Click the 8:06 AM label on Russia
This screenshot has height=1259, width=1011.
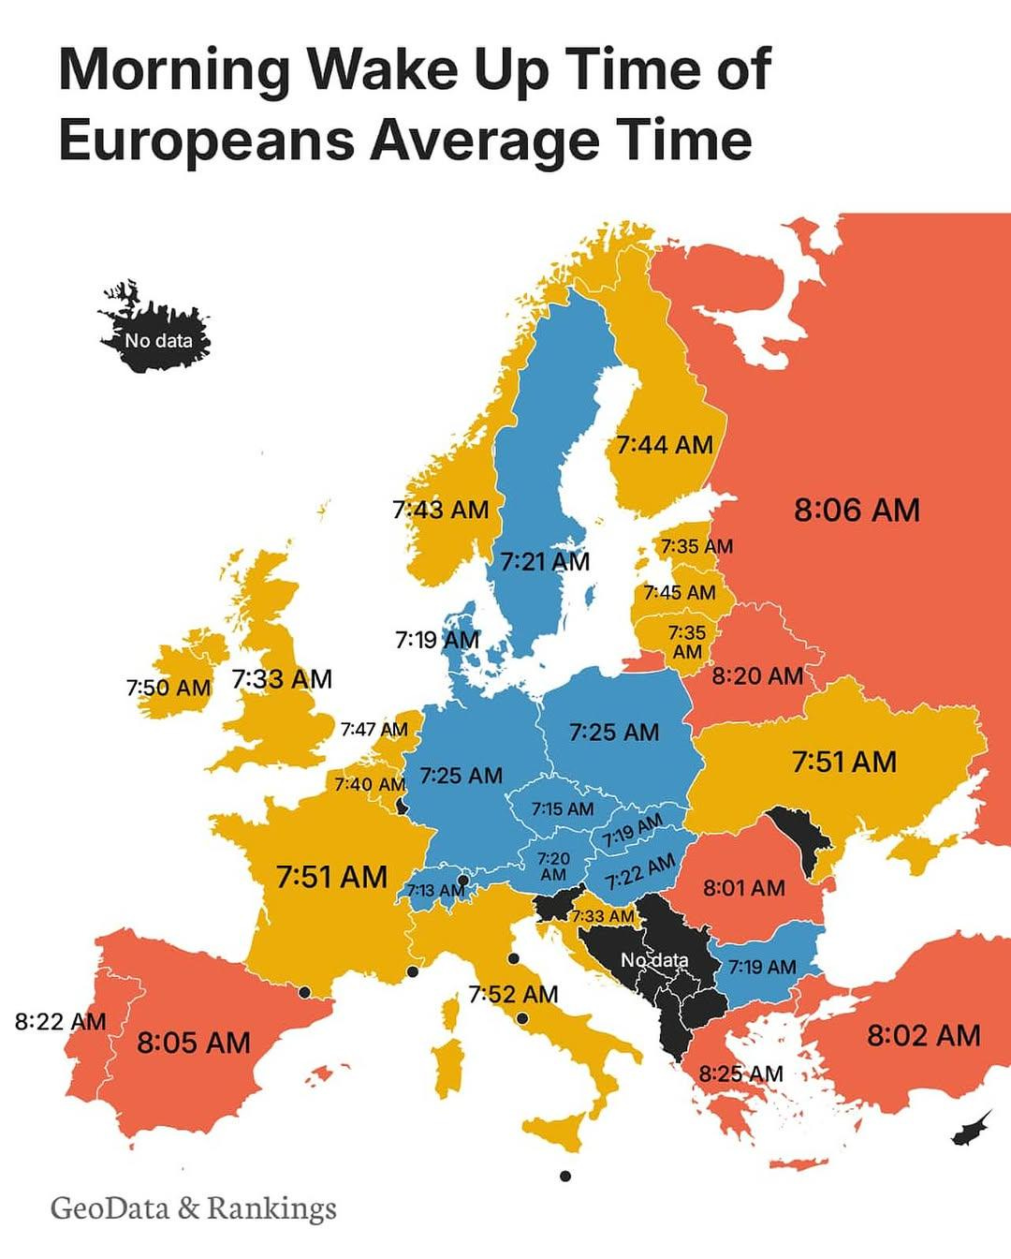tap(857, 510)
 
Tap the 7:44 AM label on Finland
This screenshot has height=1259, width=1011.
tap(665, 444)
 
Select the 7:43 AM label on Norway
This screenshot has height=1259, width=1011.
tap(440, 510)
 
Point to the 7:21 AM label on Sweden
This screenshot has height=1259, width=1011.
tap(544, 561)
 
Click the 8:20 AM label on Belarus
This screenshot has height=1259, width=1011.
tap(757, 675)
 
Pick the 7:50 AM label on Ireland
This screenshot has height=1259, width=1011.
tap(168, 688)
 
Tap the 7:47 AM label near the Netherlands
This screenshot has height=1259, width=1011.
tap(374, 729)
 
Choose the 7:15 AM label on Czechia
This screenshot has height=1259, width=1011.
tap(562, 807)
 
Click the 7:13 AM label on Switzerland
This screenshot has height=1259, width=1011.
tap(435, 889)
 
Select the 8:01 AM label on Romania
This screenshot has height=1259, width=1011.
tap(743, 887)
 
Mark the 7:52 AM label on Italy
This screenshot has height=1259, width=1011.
tap(513, 994)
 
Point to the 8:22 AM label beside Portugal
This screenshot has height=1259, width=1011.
tap(60, 1021)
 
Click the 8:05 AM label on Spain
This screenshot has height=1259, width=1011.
tap(194, 1042)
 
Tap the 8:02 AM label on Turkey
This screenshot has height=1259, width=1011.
tap(923, 1035)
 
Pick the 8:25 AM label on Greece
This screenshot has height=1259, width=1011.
tap(740, 1074)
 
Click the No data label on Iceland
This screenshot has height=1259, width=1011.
tap(158, 341)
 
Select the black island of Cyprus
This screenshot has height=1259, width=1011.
tap(971, 1128)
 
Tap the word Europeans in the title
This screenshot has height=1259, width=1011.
tap(207, 140)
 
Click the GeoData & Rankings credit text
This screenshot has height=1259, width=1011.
tap(193, 1207)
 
